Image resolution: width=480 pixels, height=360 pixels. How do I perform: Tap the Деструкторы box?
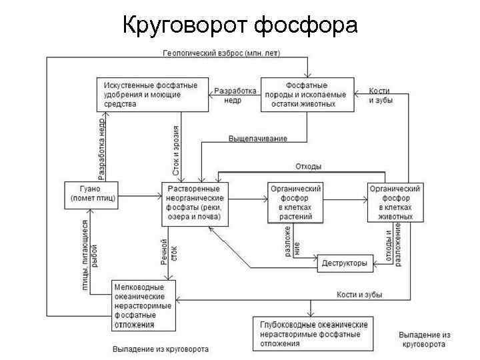click(x=344, y=263)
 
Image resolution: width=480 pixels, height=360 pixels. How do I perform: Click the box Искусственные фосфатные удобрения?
click(x=150, y=95)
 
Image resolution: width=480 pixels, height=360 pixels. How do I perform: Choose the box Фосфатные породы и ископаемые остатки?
click(x=306, y=95)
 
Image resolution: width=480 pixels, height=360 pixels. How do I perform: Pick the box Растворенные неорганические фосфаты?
click(x=195, y=204)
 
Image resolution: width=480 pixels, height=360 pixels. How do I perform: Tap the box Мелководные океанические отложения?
click(x=144, y=305)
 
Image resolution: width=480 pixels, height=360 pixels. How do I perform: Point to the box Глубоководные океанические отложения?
click(x=311, y=333)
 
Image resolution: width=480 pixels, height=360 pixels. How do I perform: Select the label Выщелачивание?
click(x=258, y=138)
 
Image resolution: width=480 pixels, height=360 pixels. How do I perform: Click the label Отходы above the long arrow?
click(x=308, y=166)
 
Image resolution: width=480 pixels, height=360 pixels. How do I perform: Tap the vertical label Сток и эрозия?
click(x=176, y=150)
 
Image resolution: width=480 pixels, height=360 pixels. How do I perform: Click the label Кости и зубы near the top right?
click(x=380, y=95)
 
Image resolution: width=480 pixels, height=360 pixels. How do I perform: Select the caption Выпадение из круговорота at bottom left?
click(x=160, y=349)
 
